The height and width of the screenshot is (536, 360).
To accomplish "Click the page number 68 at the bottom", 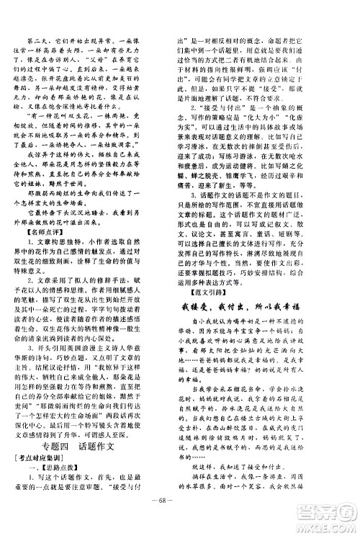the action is click(x=179, y=516).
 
